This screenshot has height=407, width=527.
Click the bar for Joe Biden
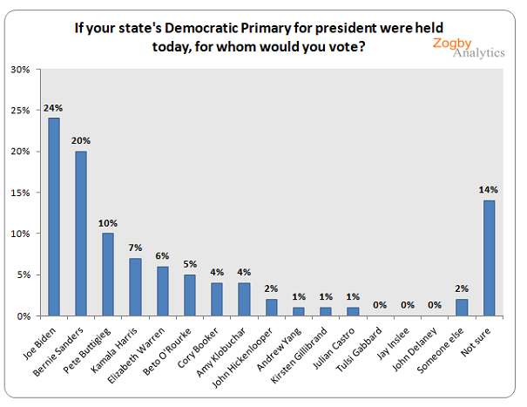pyautogui.click(x=54, y=216)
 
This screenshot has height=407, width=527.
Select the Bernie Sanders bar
pyautogui.click(x=81, y=233)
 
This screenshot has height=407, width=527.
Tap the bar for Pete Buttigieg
pyautogui.click(x=108, y=274)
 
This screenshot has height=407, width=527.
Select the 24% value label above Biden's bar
pyautogui.click(x=54, y=109)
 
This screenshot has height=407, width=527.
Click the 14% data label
pyautogui.click(x=489, y=191)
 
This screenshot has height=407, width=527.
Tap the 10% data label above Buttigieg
pyautogui.click(x=108, y=224)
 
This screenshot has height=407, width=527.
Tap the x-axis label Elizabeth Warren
pyautogui.click(x=146, y=353)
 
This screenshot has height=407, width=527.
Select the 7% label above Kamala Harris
pyautogui.click(x=135, y=248)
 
